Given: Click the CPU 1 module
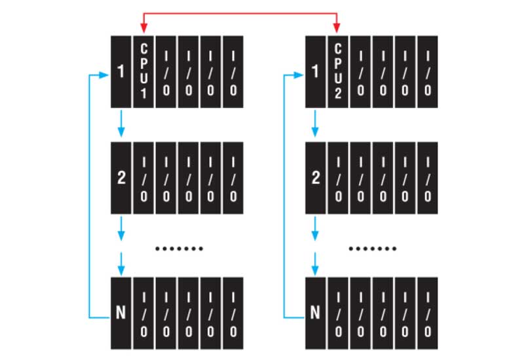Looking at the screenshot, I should click(143, 71).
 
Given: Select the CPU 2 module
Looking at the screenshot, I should click(338, 71).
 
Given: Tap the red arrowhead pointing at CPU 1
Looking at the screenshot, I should click(143, 28).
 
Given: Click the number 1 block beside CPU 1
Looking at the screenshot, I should click(121, 71).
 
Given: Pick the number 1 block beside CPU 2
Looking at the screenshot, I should click(316, 71).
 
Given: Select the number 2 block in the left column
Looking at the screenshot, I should click(121, 177).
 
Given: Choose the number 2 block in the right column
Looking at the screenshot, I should click(316, 177).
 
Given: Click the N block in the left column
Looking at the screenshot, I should click(121, 312).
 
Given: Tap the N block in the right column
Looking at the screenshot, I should click(316, 312).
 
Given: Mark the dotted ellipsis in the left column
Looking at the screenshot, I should click(179, 249).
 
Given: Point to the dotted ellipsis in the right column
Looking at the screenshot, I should click(373, 249).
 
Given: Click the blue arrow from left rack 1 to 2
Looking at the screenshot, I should click(121, 124).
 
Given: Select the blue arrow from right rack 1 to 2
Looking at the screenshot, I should click(316, 124).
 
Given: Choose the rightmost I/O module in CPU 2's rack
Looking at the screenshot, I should click(427, 71).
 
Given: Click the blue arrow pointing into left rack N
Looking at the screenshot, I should click(121, 266).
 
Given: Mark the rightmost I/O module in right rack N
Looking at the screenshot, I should click(427, 312).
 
